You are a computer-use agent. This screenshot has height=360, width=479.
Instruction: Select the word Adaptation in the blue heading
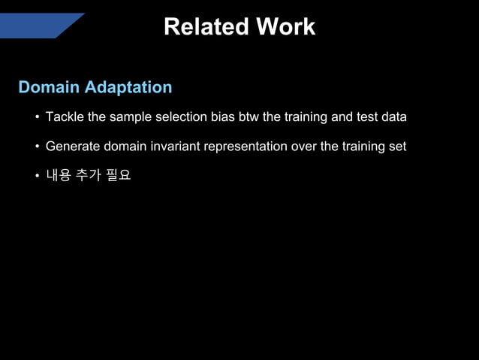(128, 87)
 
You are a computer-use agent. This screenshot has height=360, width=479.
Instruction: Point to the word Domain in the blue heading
(49, 87)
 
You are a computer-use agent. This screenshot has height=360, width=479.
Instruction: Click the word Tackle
(65, 117)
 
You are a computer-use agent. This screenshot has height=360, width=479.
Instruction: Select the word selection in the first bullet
(182, 117)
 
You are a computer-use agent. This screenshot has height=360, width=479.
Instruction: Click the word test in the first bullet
(368, 117)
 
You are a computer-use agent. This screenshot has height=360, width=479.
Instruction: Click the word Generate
(72, 147)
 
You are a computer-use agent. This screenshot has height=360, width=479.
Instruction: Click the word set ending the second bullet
(397, 147)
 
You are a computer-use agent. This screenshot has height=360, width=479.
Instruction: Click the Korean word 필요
(119, 176)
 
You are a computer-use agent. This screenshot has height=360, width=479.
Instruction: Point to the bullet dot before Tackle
(36, 118)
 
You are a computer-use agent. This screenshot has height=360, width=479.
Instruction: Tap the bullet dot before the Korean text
(36, 177)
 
